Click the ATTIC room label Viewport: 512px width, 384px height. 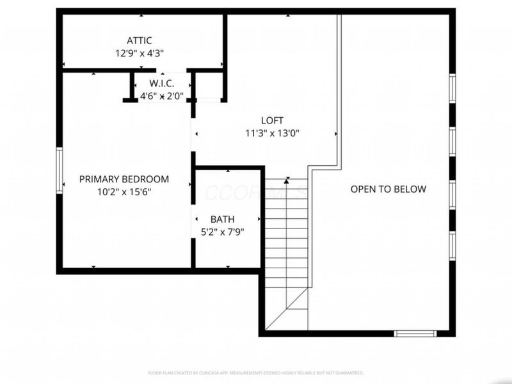139,41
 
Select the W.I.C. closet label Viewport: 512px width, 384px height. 162,84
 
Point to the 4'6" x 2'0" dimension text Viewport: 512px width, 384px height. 162,96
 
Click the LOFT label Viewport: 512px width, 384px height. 272,120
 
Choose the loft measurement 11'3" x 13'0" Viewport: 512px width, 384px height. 272,134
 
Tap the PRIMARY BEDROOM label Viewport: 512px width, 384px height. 124,179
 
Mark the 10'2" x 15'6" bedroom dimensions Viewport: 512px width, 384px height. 124,191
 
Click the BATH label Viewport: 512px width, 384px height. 222,220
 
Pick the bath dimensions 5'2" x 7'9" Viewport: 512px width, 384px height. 222,232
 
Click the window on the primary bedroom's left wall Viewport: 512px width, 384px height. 60,169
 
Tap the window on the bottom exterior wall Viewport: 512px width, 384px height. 415,333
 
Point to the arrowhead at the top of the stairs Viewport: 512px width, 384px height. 287,180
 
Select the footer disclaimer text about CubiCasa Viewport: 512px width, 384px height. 256,372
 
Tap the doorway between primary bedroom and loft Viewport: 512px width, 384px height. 193,134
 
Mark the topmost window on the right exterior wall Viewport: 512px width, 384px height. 452,88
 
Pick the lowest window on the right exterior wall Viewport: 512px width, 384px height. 452,246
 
